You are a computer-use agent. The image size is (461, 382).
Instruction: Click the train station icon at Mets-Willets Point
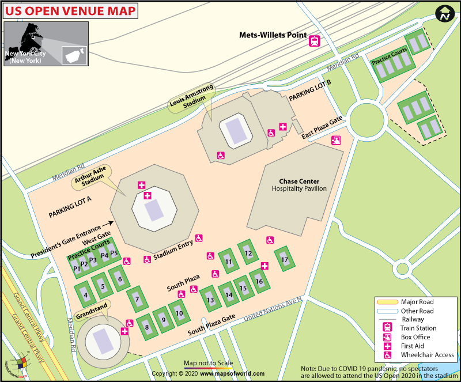click(315, 41)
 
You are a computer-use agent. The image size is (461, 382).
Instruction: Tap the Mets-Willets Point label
click(273, 35)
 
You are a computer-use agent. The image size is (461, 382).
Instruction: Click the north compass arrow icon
click(444, 14)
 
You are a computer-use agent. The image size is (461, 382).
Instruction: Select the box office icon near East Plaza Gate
click(336, 139)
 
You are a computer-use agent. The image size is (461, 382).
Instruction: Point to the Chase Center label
click(299, 181)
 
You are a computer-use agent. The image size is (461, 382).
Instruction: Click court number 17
click(284, 260)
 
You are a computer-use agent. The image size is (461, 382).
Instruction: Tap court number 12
click(248, 253)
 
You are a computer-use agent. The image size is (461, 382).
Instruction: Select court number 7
click(137, 299)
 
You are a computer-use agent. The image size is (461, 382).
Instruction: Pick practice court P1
click(77, 268)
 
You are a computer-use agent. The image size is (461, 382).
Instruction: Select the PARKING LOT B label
click(310, 94)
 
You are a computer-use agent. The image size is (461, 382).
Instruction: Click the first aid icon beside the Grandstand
click(124, 331)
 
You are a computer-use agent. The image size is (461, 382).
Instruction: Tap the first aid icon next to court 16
click(264, 266)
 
